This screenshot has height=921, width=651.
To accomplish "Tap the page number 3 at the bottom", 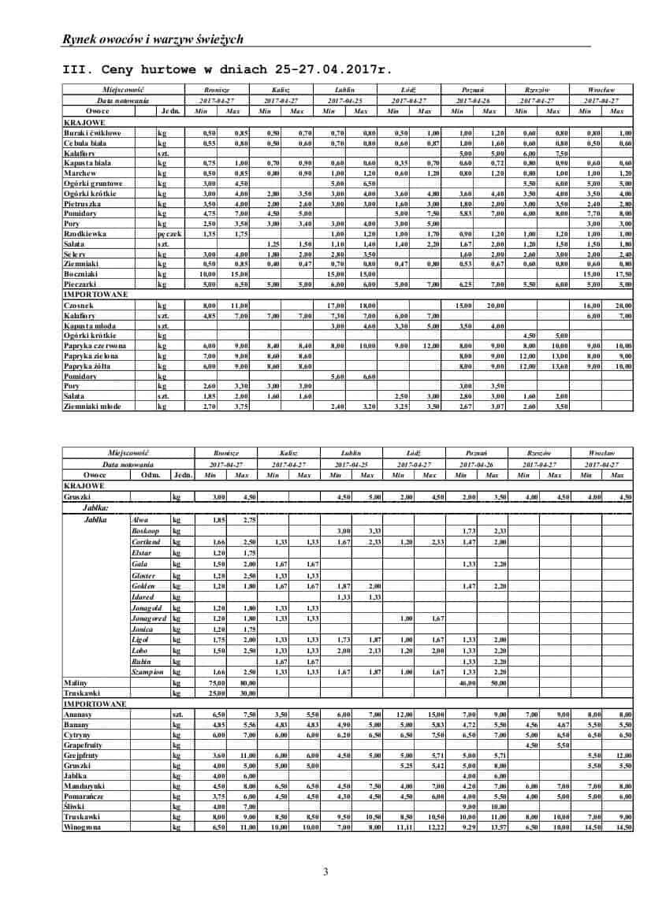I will point(325,871).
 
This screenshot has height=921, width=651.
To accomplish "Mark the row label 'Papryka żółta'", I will point(87,366).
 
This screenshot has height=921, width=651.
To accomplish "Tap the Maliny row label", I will point(75,682).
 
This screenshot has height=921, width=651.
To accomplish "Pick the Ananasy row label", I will point(78,713).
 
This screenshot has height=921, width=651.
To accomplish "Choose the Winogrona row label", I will point(82,826).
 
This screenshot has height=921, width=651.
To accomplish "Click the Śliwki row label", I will point(73,806).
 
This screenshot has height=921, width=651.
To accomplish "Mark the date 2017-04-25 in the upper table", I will point(345,101).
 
